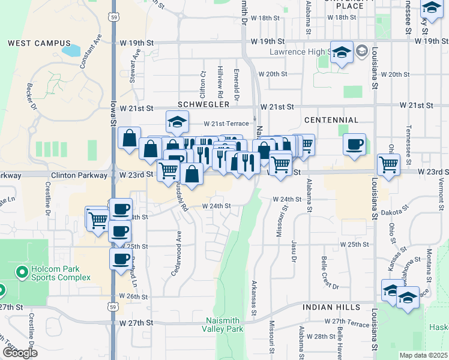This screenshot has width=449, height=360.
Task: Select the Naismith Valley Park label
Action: (x=224, y=325)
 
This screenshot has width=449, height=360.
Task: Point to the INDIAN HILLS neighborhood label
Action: (x=327, y=307)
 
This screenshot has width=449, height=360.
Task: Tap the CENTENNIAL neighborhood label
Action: (x=331, y=121)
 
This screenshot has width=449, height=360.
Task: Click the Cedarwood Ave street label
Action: (x=178, y=247)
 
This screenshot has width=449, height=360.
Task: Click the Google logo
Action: (x=20, y=353)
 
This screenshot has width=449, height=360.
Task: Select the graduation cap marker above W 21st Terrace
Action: (x=178, y=121)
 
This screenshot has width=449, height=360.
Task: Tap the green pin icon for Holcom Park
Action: (x=22, y=273)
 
